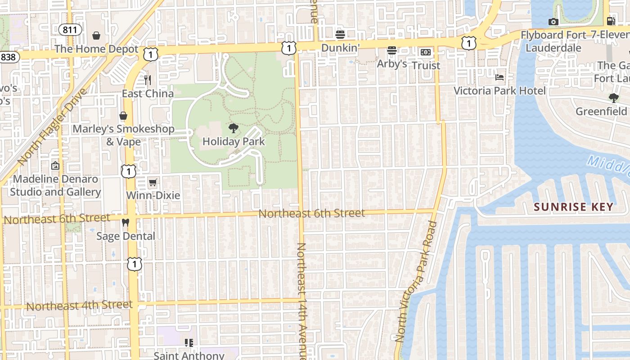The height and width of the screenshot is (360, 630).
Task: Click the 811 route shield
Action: pyautogui.click(x=70, y=30)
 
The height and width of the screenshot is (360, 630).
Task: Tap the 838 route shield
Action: pyautogui.click(x=7, y=57)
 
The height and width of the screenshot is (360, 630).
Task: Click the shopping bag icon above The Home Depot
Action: pyautogui.click(x=96, y=36)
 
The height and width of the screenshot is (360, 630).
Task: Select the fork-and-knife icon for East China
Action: pyautogui.click(x=148, y=80)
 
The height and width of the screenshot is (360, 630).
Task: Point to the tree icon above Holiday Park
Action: pyautogui.click(x=233, y=128)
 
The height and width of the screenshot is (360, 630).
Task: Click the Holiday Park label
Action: pyautogui.click(x=234, y=142)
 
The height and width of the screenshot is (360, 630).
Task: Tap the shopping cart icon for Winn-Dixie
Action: pyautogui.click(x=153, y=182)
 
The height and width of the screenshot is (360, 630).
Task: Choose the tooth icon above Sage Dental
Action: pyautogui.click(x=126, y=223)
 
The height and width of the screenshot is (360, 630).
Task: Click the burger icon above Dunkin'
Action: pyautogui.click(x=340, y=34)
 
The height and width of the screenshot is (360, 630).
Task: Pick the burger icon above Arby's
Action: pyautogui.click(x=392, y=50)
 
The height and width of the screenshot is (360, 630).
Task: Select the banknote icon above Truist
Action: pyautogui.click(x=426, y=52)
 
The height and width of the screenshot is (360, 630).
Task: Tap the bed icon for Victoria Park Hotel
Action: pyautogui.click(x=499, y=77)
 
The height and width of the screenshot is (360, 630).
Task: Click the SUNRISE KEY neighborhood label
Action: pyautogui.click(x=573, y=207)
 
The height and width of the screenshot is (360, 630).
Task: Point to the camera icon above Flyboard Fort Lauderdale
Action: pyautogui.click(x=553, y=22)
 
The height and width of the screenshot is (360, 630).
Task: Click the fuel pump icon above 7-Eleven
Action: pyautogui.click(x=611, y=21)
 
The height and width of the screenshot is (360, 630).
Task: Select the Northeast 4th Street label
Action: pyautogui.click(x=80, y=306)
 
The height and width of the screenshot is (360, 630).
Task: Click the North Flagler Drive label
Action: pyautogui.click(x=52, y=126)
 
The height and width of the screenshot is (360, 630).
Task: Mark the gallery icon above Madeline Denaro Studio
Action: pyautogui.click(x=55, y=166)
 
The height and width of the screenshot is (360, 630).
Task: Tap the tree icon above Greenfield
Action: pyautogui.click(x=613, y=98)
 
